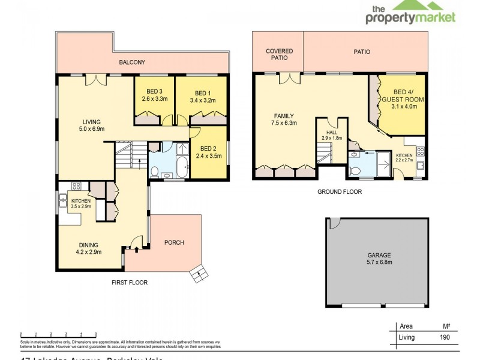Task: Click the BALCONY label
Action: [x=132, y=62]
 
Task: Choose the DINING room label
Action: [x=88, y=245]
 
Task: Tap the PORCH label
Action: [x=174, y=242]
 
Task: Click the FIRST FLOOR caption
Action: [x=128, y=283]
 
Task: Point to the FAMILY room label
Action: [x=284, y=116]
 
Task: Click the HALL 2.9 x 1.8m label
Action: [x=332, y=135]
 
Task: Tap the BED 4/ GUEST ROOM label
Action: [x=403, y=98]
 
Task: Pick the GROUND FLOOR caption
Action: [x=340, y=192]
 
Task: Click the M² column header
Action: [x=446, y=327]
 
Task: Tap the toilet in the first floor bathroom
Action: [x=155, y=172]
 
